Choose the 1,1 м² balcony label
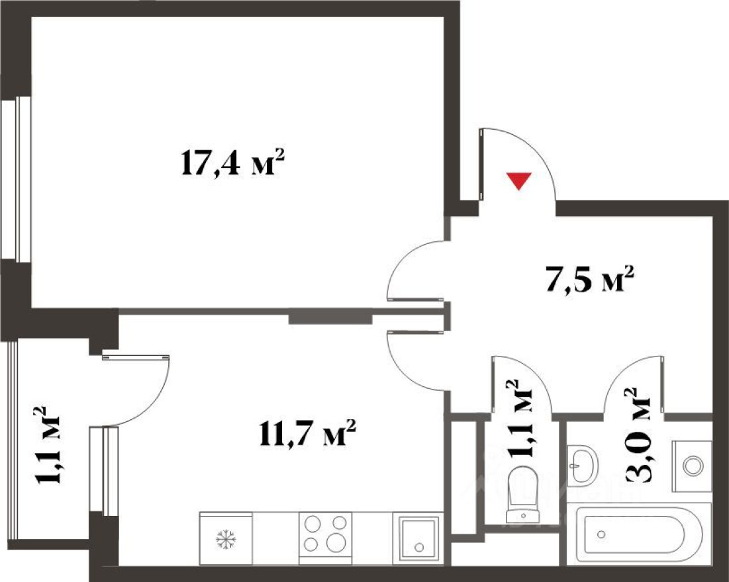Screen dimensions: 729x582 (47, 445)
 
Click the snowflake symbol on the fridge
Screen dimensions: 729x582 (226, 539)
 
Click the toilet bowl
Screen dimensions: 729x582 (523, 495)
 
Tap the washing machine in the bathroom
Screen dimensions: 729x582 (693, 466)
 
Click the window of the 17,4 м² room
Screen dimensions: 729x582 (16, 177)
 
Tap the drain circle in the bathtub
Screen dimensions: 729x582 (603, 534)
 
